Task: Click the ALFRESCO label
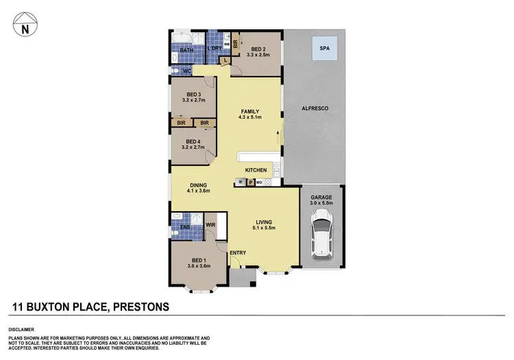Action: click(x=316, y=109)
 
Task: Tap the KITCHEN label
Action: click(x=256, y=169)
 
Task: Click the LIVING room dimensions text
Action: click(x=265, y=229)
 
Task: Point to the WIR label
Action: click(x=210, y=224)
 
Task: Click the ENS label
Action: click(x=185, y=228)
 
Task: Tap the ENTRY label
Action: click(x=238, y=253)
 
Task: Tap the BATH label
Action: click(x=186, y=51)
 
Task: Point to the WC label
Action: click(x=186, y=71)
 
